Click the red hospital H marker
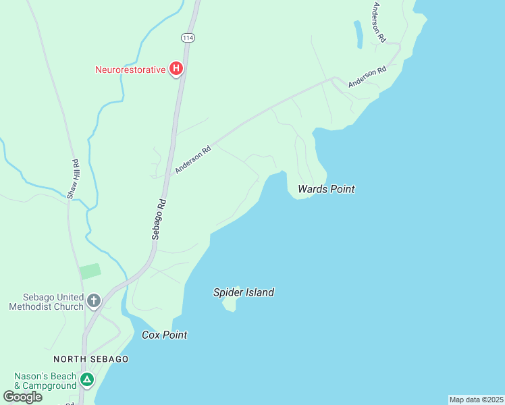click(x=176, y=68)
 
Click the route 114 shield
click(x=188, y=38)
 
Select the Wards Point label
click(x=327, y=190)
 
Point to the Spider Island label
click(x=244, y=292)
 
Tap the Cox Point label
click(x=164, y=335)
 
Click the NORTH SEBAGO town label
click(x=91, y=359)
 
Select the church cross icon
click(x=93, y=300)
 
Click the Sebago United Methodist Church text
click(x=46, y=302)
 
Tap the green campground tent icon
click(x=86, y=380)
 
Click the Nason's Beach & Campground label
click(x=45, y=381)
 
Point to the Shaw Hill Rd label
click(x=74, y=179)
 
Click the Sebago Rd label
click(x=158, y=219)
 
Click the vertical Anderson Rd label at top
click(x=378, y=22)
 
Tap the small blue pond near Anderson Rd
click(x=358, y=34)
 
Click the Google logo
click(x=23, y=396)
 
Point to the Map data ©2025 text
click(x=476, y=400)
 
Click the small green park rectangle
click(x=90, y=271)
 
